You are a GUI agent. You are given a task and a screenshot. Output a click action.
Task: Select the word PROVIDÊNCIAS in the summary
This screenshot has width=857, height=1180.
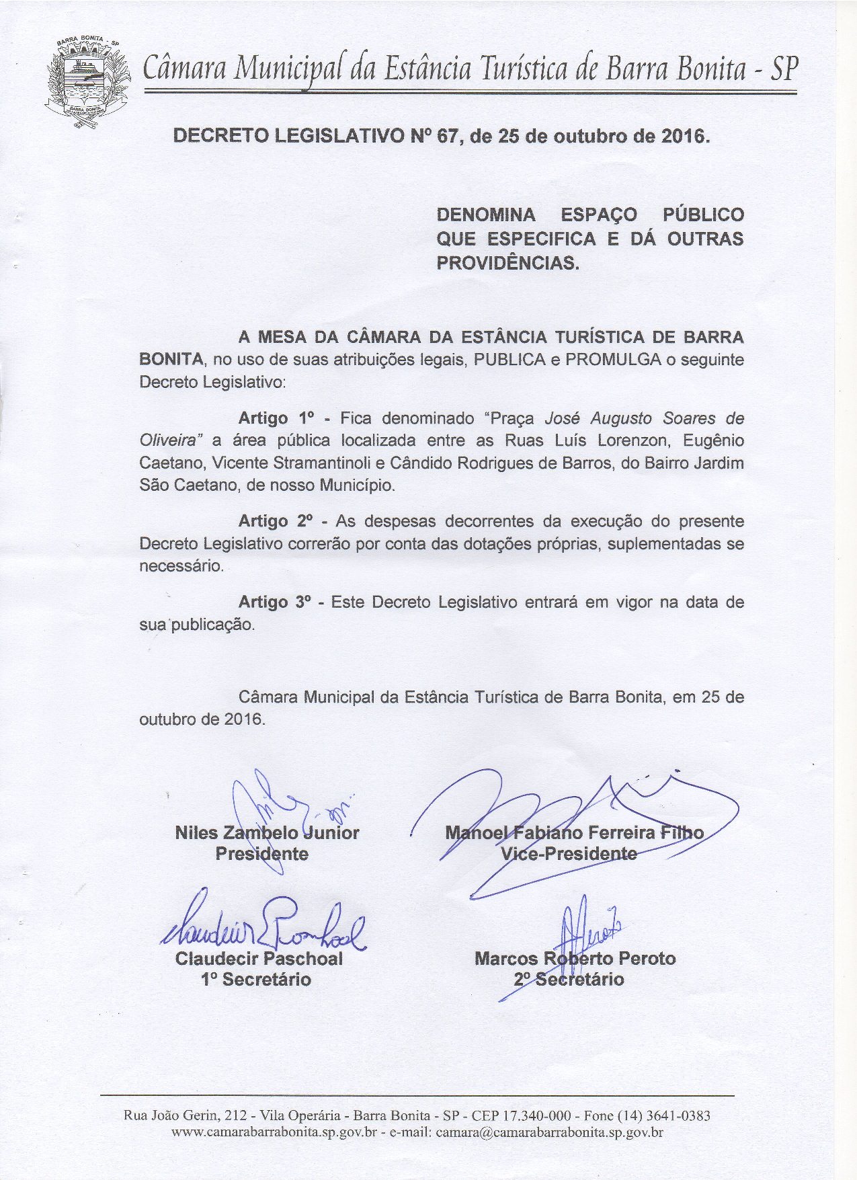pos(507,263)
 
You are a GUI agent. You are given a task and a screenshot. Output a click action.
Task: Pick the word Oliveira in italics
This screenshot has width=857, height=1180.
pos(171,441)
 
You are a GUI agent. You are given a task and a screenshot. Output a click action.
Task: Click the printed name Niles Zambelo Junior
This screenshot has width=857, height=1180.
pos(267,833)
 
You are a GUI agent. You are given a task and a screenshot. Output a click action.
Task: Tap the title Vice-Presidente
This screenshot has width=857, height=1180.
pos(569,854)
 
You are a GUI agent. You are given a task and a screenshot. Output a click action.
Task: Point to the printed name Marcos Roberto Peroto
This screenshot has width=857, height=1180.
pos(575,958)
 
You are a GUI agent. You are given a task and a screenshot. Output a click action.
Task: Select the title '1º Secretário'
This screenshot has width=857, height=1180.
pos(256,979)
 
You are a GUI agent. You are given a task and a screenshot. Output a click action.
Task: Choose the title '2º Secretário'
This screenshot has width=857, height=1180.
pos(569,979)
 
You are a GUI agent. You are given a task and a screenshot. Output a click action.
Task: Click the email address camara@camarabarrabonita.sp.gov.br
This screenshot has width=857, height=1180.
pos(550,1132)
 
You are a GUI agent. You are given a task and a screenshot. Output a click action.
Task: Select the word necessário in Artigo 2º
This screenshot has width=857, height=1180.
pos(180,566)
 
